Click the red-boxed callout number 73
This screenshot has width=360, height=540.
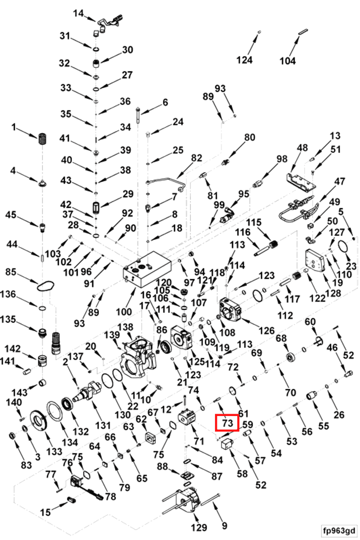[x=227, y=423]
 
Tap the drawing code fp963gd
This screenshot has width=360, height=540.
[x=339, y=530]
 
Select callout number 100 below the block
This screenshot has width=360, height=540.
[x=124, y=312]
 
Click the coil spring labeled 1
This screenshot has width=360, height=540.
[x=43, y=139]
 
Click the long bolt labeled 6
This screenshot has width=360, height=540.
[x=138, y=117]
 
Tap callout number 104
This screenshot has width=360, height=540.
[x=288, y=61]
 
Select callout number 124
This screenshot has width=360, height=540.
[x=244, y=60]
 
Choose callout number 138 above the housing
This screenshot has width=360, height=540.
[x=125, y=327]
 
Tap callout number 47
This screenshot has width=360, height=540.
[x=340, y=181]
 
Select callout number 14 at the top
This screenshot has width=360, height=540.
[x=78, y=13]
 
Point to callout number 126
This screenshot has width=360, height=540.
[x=267, y=331]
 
